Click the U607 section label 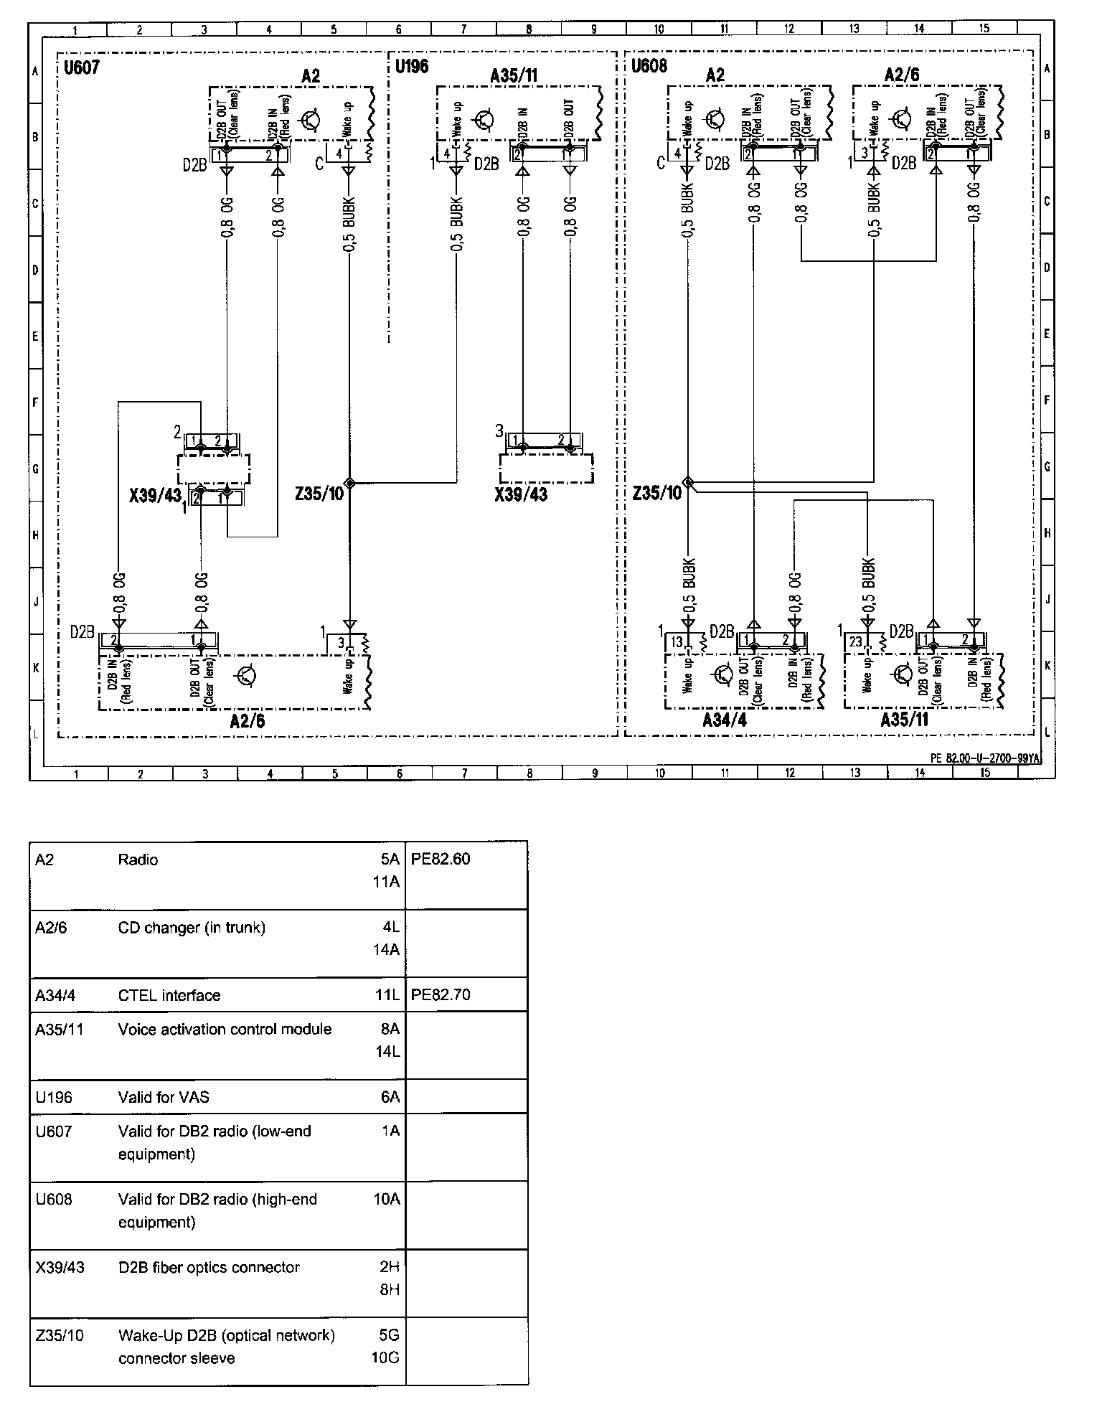[81, 68]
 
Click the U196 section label [411, 67]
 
